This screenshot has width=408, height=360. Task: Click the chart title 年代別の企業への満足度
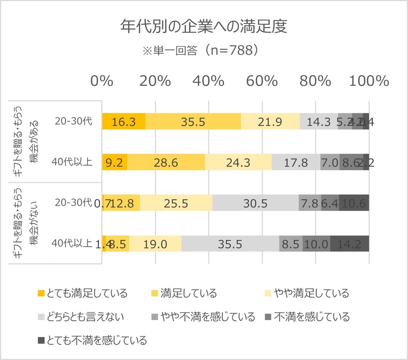pos(204,27)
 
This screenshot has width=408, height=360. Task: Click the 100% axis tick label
pos(370,81)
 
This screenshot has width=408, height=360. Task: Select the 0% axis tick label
pos(102,81)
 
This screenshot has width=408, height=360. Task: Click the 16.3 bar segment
pos(124,121)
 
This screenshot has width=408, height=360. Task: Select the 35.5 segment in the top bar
pos(193,121)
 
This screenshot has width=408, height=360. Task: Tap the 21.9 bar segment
pos(270,121)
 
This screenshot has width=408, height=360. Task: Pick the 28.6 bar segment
pos(165,162)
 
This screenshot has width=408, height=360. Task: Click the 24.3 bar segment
pos(238,162)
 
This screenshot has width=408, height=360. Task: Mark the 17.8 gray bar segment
pos(296,162)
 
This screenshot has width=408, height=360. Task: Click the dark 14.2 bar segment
pos(349,244)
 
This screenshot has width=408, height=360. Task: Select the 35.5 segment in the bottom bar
pos(230,244)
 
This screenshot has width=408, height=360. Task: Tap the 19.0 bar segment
pos(155,244)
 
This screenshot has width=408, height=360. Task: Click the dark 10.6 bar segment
pos(354,203)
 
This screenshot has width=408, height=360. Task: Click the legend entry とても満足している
pos(82,293)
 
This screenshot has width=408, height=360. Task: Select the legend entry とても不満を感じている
pos(92,340)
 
